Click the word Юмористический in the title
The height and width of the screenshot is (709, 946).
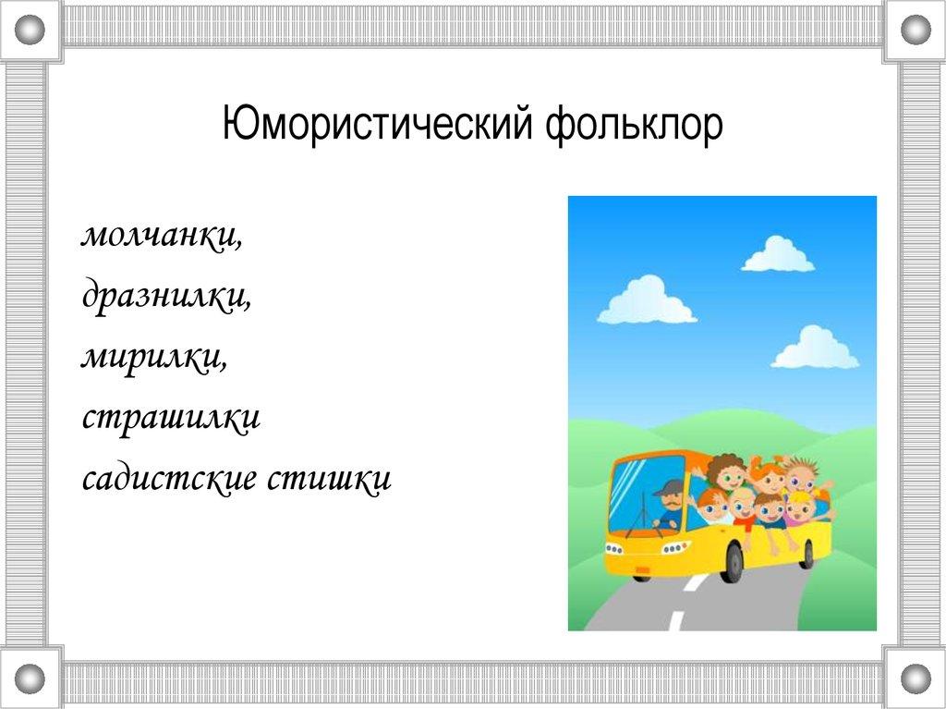click(x=378, y=125)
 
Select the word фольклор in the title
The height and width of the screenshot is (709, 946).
click(x=634, y=126)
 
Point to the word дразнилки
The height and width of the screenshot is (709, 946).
click(x=166, y=296)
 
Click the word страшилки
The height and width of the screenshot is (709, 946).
click(x=171, y=417)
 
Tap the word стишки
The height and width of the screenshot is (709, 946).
click(x=330, y=478)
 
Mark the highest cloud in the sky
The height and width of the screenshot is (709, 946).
click(x=777, y=255)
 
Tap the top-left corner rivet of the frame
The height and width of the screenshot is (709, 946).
click(x=30, y=29)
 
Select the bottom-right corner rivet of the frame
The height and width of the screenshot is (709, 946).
click(x=916, y=678)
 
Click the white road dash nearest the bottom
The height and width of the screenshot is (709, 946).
click(x=677, y=621)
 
